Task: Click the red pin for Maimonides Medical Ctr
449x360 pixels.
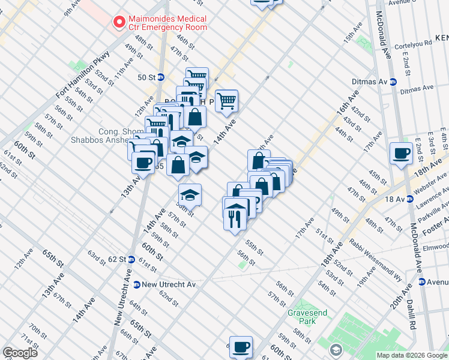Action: (119, 22)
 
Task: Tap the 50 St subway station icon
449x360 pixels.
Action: (161, 77)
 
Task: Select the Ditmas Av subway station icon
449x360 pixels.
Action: (393, 82)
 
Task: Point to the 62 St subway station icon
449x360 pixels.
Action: (130, 259)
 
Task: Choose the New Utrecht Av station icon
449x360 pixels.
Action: (137, 284)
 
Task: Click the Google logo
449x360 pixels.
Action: (20, 353)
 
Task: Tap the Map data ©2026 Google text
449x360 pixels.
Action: (411, 355)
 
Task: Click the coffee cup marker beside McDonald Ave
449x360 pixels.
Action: (400, 152)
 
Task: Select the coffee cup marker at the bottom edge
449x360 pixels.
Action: (241, 346)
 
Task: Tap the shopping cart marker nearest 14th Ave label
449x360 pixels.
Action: (226, 100)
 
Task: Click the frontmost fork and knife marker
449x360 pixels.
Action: (235, 218)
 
